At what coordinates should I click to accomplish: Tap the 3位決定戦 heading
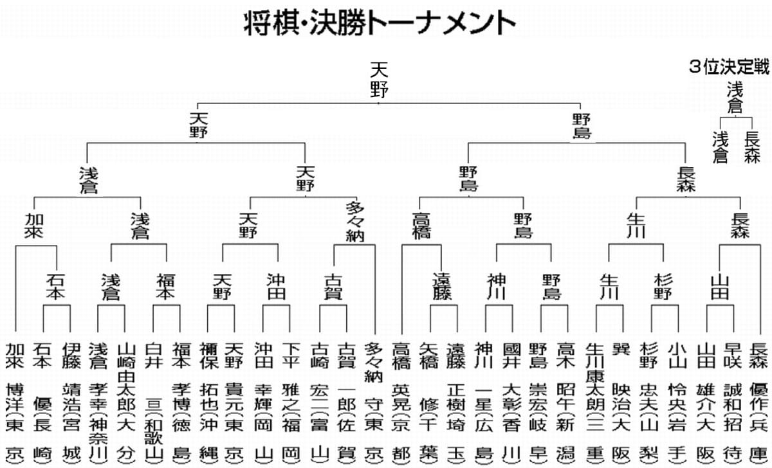(x=729, y=67)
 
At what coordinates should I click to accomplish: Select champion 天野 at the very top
(x=379, y=80)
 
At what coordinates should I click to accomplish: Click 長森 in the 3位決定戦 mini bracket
(x=751, y=147)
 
